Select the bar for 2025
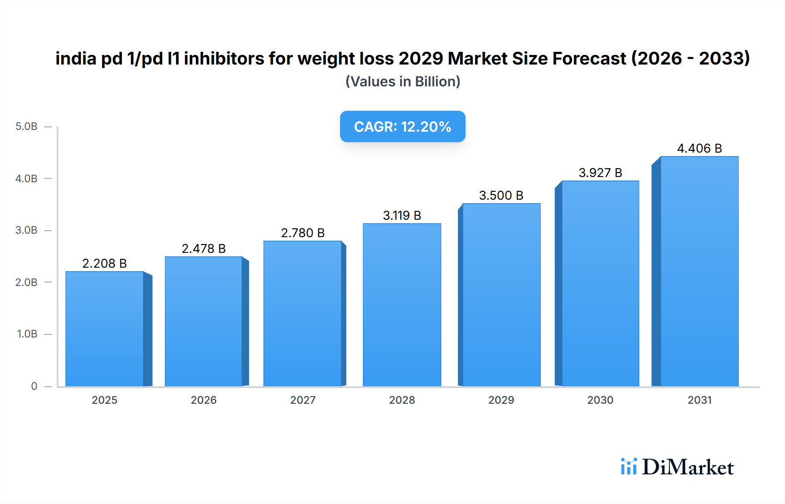(105, 329)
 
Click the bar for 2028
(402, 305)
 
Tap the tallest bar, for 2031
(700, 271)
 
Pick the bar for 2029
(501, 295)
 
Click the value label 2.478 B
(204, 249)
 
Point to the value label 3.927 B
(600, 173)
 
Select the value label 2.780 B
(303, 233)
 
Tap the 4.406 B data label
(699, 148)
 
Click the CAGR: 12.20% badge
(403, 126)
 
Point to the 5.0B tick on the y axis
(27, 126)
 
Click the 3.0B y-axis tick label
(27, 230)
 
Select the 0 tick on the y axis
(34, 386)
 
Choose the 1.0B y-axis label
(27, 334)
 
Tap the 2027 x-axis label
(303, 400)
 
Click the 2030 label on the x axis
(600, 400)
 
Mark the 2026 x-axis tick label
(204, 400)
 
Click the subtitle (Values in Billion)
(403, 82)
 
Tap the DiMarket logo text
(688, 467)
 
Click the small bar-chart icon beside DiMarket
(628, 467)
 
